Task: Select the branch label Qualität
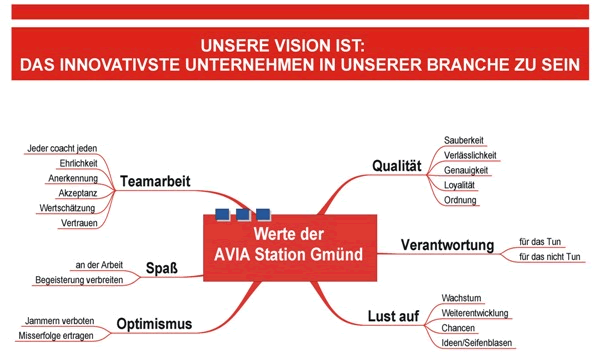tap(395, 165)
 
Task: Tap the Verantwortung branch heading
tap(447, 245)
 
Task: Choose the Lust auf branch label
tap(394, 317)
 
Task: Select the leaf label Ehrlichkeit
tap(78, 163)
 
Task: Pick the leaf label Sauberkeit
tap(464, 140)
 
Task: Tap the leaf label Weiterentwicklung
tap(477, 313)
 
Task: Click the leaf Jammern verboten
tap(60, 322)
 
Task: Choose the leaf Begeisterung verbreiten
tap(79, 280)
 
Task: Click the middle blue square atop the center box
tap(242, 213)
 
